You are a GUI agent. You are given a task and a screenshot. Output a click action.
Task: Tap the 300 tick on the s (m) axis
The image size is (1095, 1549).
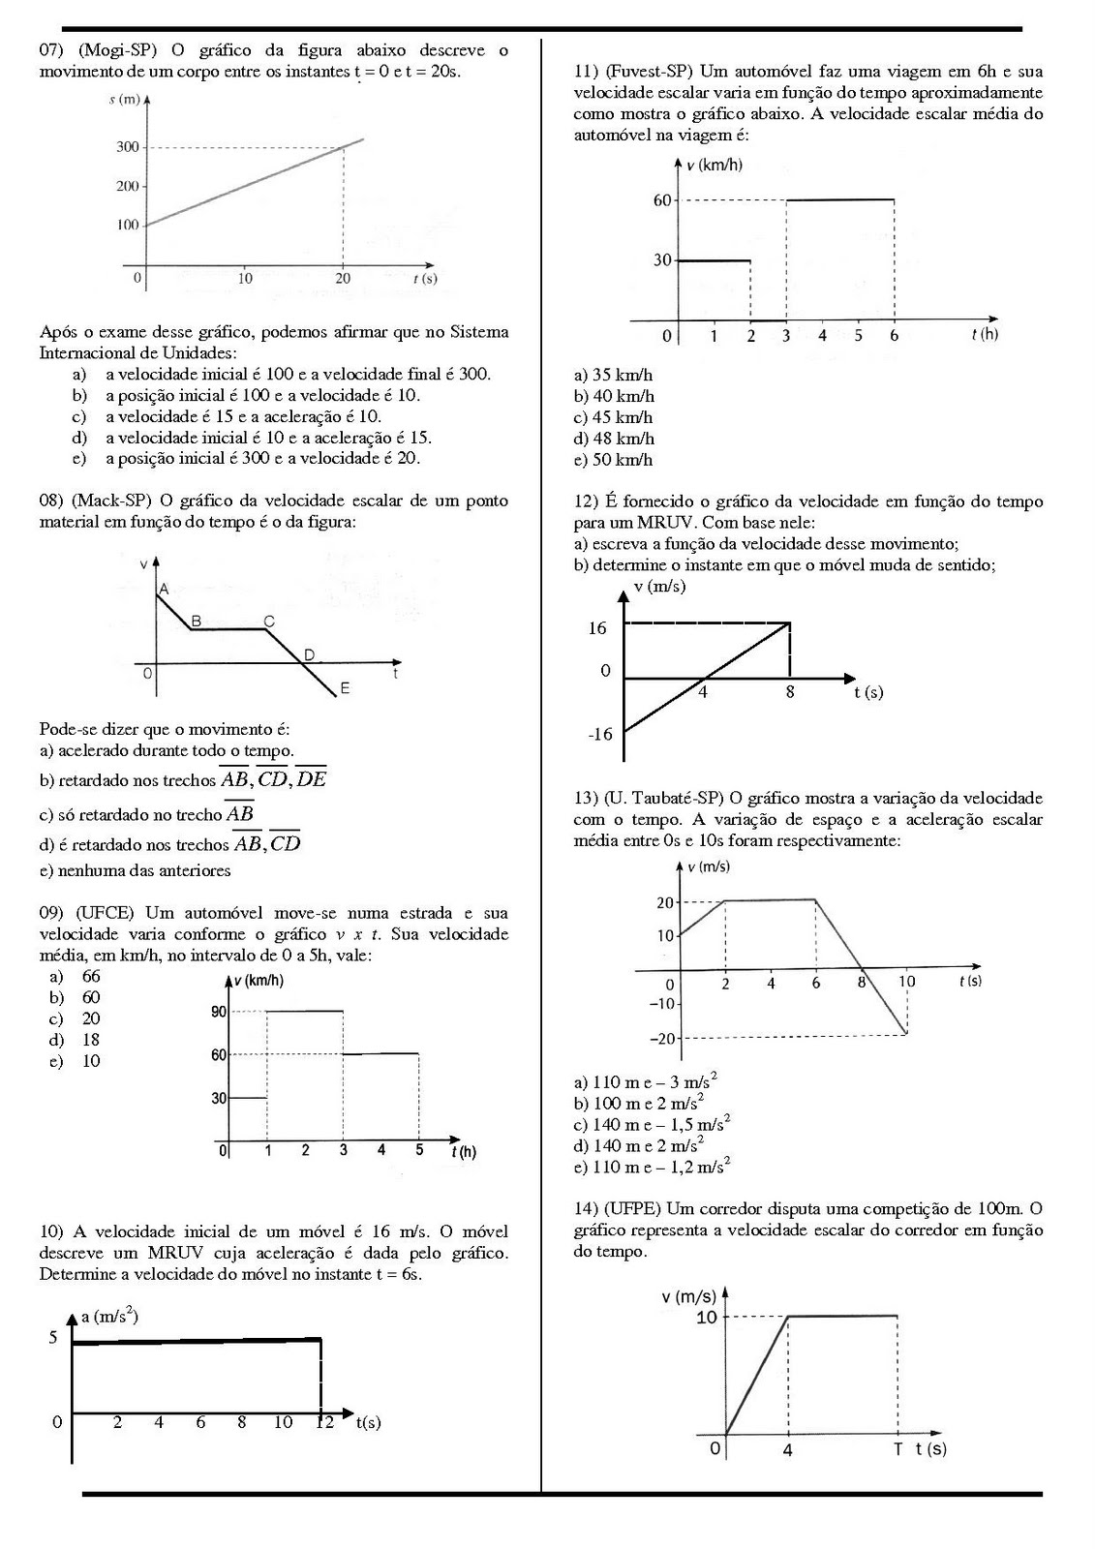128,147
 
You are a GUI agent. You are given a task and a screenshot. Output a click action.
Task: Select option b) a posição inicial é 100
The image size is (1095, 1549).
261,395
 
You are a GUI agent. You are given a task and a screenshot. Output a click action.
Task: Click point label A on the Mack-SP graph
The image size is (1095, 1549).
164,589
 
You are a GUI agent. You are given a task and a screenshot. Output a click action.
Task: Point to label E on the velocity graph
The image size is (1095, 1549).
345,689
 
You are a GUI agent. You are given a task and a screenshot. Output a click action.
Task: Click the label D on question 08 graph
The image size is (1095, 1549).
309,655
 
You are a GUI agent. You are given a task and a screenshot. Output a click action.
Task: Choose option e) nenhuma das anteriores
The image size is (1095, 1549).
136,870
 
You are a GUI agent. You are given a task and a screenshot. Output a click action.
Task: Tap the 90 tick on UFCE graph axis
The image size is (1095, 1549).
219,1012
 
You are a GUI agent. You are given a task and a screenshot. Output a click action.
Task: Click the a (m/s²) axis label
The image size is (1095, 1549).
108,1316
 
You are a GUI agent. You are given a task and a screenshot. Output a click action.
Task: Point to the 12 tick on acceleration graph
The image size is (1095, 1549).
324,1422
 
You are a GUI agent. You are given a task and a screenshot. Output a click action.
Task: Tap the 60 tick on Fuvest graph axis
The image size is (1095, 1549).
662,200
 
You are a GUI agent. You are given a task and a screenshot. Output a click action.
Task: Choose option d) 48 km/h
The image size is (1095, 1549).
614,439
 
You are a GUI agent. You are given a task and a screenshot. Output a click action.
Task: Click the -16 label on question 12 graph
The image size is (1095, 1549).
600,734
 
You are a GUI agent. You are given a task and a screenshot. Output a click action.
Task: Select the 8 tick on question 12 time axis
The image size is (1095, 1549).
790,692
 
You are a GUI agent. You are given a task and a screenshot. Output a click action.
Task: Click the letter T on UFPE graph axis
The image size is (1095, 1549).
897,1448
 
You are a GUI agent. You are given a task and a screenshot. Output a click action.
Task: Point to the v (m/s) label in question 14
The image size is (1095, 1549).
688,1296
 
